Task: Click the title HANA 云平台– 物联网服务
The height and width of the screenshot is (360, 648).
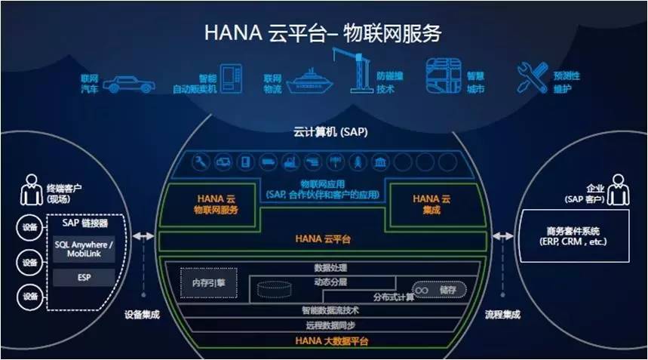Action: (323, 33)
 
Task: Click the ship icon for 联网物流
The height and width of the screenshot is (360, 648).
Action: (306, 81)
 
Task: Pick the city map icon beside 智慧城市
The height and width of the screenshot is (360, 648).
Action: (443, 75)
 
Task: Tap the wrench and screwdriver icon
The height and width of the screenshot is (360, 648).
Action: (532, 77)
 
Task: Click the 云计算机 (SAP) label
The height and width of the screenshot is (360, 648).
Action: (323, 131)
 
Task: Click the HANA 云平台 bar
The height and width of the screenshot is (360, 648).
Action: (323, 239)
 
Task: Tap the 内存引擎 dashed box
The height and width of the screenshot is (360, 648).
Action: (208, 283)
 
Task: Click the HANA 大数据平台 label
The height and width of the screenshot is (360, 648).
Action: (323, 342)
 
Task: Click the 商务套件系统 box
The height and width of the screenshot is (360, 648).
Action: (573, 235)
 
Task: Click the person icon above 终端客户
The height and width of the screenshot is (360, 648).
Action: (31, 189)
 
